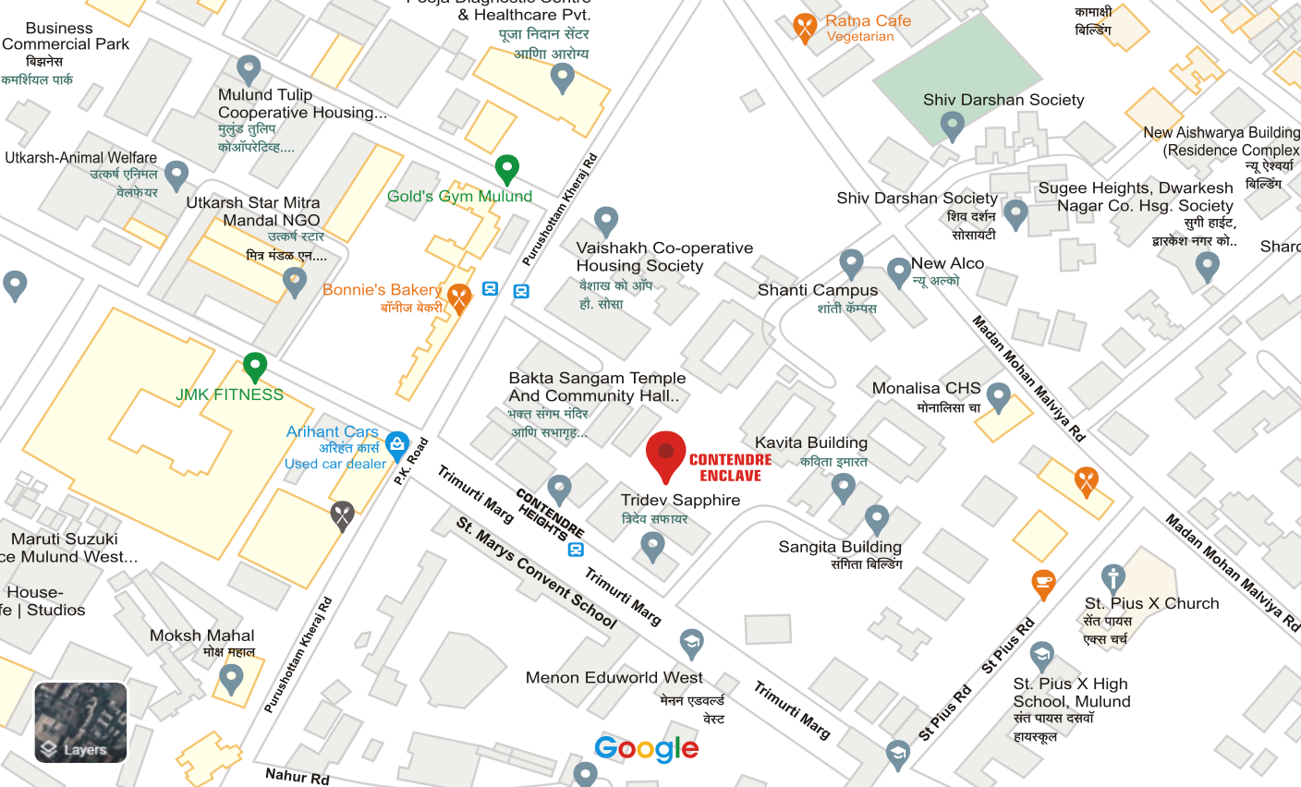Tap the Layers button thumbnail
(80, 722)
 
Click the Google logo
(646, 748)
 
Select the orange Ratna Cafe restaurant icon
(805, 27)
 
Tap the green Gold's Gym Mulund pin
(506, 169)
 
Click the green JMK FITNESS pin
(255, 367)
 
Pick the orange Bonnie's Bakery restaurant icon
(459, 297)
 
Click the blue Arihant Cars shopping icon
(397, 445)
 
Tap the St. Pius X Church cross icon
(1113, 579)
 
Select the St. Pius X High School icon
(1041, 657)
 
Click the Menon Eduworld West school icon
(691, 643)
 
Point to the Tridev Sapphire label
(680, 500)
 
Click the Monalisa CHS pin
(998, 397)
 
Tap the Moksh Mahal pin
(231, 679)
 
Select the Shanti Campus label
(817, 290)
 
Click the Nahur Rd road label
(297, 776)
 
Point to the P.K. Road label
(411, 461)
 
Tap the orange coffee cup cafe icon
(1043, 584)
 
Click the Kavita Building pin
(843, 486)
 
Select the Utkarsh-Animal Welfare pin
(176, 175)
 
